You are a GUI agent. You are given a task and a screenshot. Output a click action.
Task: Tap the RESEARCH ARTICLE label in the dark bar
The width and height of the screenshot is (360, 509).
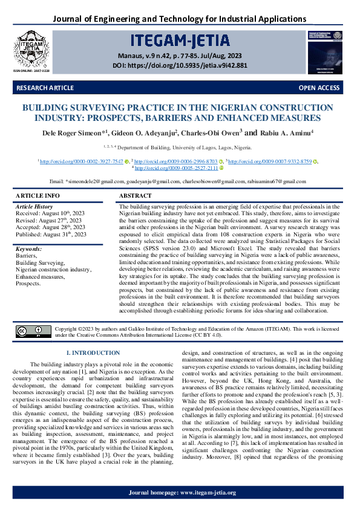pyautogui.click(x=45, y=88)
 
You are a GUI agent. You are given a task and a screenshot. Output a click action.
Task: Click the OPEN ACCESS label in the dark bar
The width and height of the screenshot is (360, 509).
pyautogui.click(x=319, y=88)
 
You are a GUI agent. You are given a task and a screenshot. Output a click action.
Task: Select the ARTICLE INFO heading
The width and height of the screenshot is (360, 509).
pyautogui.click(x=38, y=196)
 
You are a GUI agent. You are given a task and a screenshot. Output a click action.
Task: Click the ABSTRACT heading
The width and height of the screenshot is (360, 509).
pyautogui.click(x=136, y=196)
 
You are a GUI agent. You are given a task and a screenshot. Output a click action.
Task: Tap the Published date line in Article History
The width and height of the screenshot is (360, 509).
pyautogui.click(x=51, y=234)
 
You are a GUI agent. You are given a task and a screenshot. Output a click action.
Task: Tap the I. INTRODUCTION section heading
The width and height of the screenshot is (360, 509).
pyautogui.click(x=94, y=352)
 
